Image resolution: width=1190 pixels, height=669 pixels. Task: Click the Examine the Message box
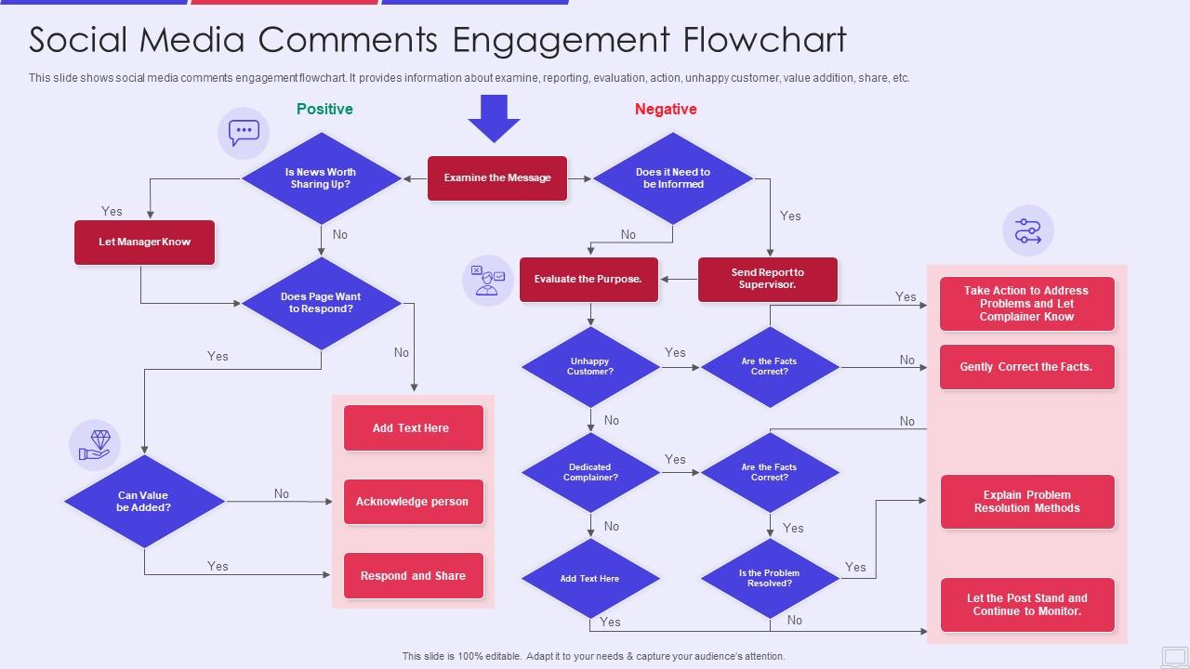(497, 178)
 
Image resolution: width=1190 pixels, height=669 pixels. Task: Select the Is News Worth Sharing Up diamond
(321, 178)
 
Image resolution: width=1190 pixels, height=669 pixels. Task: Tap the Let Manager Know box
(145, 243)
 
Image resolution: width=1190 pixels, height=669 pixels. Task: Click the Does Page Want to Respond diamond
(321, 303)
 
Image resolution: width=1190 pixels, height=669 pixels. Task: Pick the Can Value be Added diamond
(144, 502)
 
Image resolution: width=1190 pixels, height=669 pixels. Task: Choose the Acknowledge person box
(413, 502)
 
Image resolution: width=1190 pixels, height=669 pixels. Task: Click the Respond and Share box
(413, 576)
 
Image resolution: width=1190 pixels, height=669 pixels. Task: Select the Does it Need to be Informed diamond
(673, 178)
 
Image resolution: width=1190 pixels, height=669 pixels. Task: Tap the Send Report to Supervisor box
(768, 279)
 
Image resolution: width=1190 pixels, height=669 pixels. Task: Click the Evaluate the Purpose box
(588, 279)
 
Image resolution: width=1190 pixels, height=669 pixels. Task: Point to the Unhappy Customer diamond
(590, 367)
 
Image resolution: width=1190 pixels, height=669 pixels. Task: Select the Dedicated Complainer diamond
(590, 473)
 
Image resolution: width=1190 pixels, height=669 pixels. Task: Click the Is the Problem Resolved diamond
(770, 578)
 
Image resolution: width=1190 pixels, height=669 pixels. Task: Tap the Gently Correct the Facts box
(1026, 367)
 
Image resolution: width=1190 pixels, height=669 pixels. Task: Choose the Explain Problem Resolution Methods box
(1026, 502)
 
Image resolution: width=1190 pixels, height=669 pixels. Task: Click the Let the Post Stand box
(1026, 605)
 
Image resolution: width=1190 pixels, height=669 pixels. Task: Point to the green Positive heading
(324, 110)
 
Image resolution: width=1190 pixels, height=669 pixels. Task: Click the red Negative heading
(666, 110)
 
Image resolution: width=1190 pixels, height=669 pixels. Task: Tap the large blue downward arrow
(494, 117)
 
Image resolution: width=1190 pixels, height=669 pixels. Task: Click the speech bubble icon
(244, 133)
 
